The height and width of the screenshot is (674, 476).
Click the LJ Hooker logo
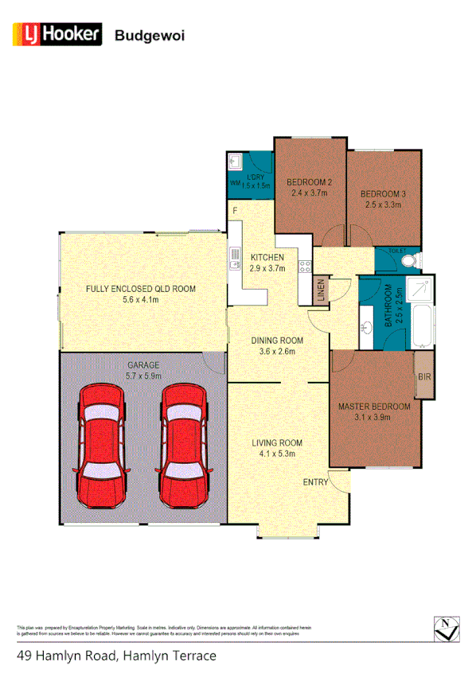pos(57,34)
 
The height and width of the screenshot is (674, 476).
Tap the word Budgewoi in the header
pos(150,35)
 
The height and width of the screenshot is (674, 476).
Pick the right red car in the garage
pos(184,446)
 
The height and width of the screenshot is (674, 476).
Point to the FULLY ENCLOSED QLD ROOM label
pos(140,289)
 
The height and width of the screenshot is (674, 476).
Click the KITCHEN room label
pos(267,258)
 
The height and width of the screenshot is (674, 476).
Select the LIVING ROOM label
pos(278,442)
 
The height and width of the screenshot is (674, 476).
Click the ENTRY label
pos(315,482)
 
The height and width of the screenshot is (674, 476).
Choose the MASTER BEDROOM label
pos(374,407)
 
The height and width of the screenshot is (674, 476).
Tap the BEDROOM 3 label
pos(381,194)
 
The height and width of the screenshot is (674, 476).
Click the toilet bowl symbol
pos(408,260)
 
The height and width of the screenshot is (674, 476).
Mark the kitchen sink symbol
pos(236,258)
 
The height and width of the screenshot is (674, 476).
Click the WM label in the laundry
pos(235,183)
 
